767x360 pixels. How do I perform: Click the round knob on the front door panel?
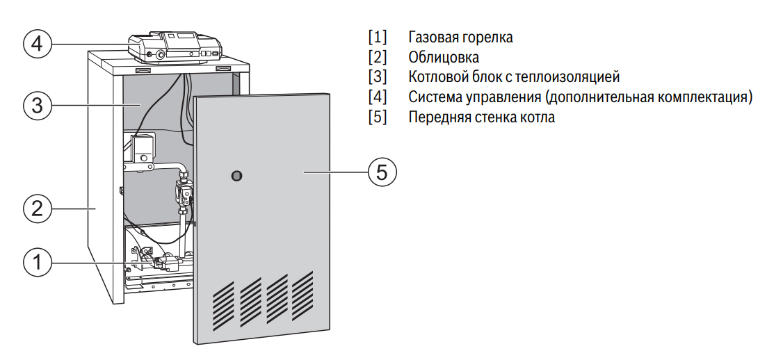[238, 175]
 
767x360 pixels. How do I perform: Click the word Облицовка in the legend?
[444, 57]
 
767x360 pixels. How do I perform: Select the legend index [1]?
[377, 37]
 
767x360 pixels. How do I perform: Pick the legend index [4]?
[377, 97]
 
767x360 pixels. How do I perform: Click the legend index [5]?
[377, 117]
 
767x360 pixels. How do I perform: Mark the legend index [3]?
[377, 77]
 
